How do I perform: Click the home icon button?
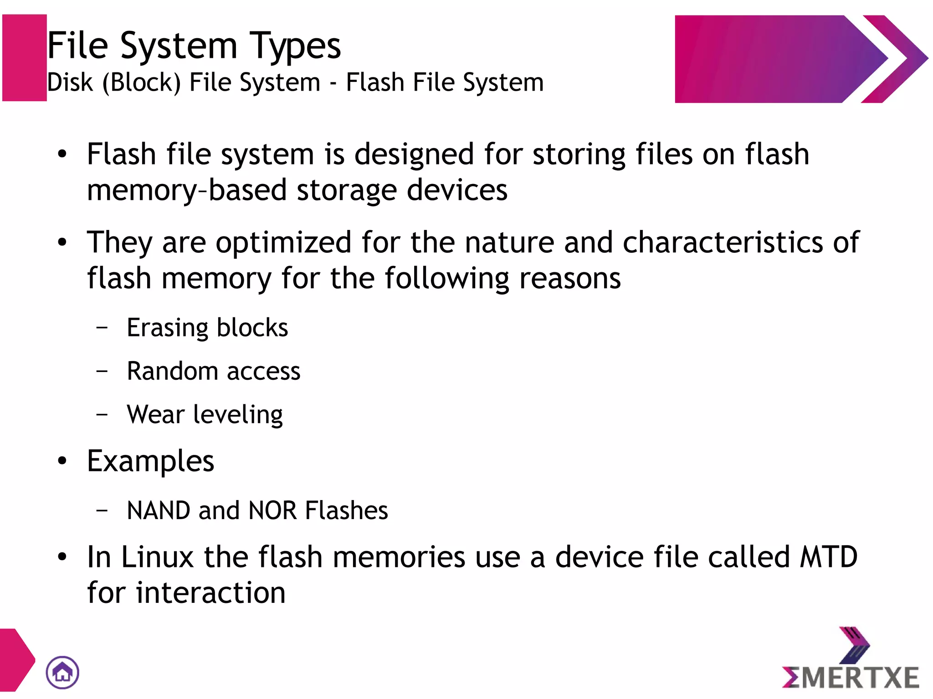[62, 672]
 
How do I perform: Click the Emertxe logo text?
[851, 677]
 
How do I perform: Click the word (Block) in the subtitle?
[141, 83]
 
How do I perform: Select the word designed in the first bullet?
[414, 154]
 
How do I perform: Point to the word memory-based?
[186, 190]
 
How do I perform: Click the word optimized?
[283, 242]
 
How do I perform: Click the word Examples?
[150, 462]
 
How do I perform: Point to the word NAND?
[158, 510]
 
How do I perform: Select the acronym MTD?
[829, 557]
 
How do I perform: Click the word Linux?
[158, 557]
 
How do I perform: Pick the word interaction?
[211, 593]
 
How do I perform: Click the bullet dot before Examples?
[62, 462]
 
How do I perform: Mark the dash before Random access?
[102, 371]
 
